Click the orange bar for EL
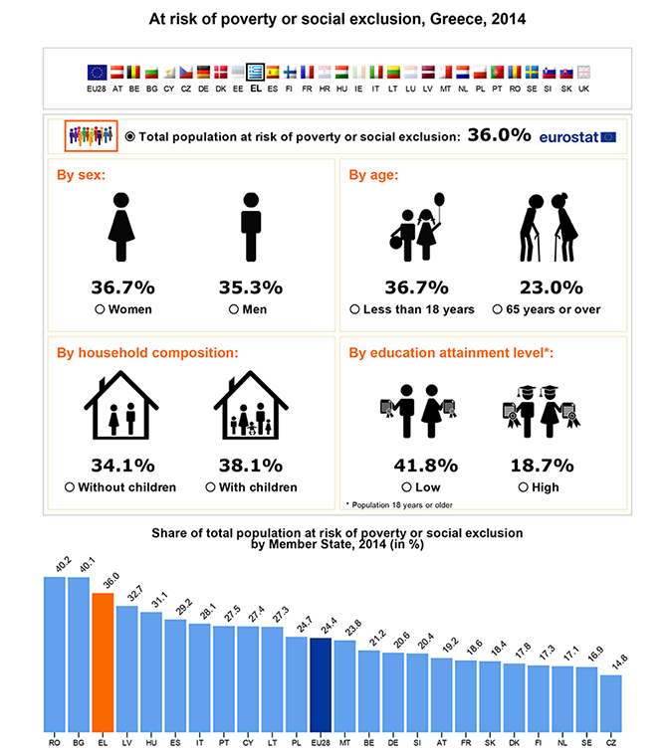tap(103, 661)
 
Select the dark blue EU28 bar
tap(321, 684)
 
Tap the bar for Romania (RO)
tap(55, 655)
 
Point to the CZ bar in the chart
tap(611, 703)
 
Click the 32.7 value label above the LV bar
tap(135, 593)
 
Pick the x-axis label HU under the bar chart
tap(151, 743)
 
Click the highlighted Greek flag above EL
tap(255, 73)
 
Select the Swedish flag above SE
tap(532, 73)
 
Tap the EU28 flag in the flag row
tap(97, 73)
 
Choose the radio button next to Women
tap(100, 309)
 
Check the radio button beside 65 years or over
tap(497, 309)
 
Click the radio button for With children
tap(210, 487)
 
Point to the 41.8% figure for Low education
tap(426, 466)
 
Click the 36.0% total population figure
tap(499, 135)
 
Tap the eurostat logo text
tap(568, 137)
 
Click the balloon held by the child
tap(439, 199)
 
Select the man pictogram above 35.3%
tap(251, 227)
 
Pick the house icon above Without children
tap(121, 405)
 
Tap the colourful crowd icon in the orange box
tap(91, 135)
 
